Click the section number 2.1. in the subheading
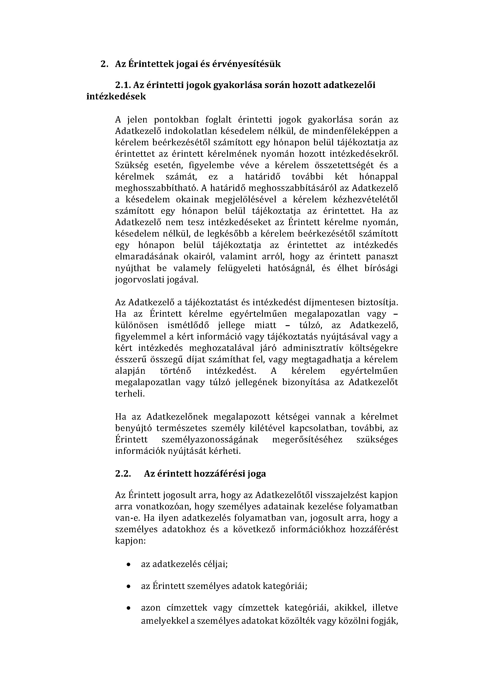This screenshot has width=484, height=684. tap(123, 85)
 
